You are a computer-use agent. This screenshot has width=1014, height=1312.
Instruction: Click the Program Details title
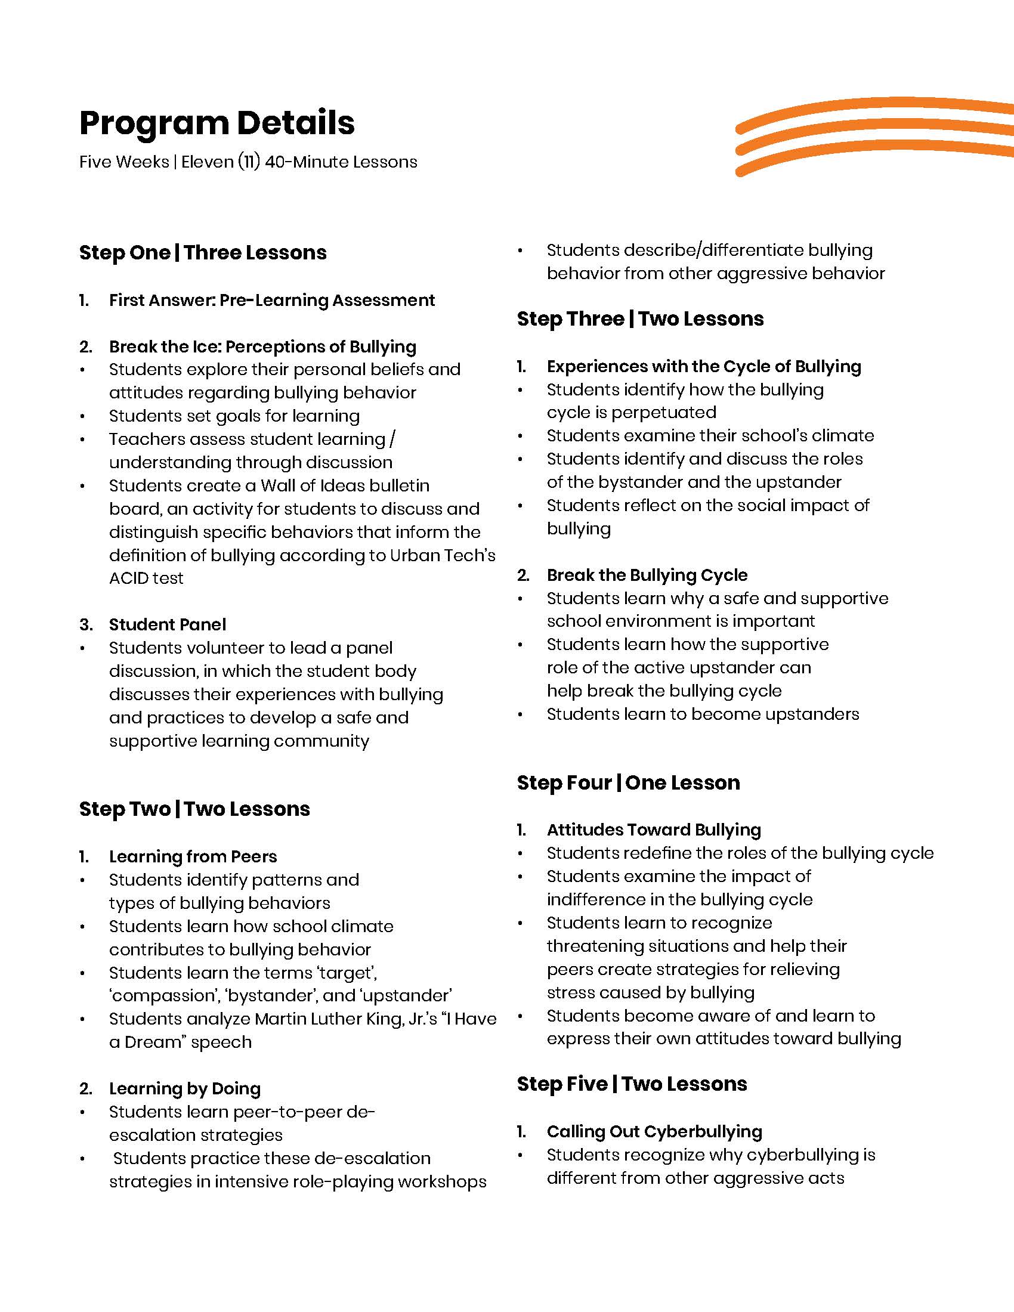coord(217,123)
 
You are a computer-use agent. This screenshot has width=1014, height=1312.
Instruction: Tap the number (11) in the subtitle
coord(249,162)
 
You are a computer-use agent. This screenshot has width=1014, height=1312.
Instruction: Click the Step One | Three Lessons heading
coord(203,253)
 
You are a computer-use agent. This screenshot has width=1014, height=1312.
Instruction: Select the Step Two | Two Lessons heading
coord(194,809)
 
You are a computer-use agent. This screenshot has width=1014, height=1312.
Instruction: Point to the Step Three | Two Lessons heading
coord(641,319)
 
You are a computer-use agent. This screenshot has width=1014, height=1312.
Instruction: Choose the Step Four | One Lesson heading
coord(628,783)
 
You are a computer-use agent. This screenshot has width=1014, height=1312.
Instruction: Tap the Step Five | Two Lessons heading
coord(632,1084)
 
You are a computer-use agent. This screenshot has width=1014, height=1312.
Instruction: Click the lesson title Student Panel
coord(168,625)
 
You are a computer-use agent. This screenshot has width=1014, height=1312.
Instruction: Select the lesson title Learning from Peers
coord(193,856)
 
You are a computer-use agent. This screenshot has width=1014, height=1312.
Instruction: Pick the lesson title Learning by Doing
coord(185,1088)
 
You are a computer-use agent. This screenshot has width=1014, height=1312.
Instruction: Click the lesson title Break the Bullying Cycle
coord(647,575)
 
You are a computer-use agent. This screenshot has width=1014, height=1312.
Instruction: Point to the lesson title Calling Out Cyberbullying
coord(654,1132)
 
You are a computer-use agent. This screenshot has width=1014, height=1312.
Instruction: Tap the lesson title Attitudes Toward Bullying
coord(654,830)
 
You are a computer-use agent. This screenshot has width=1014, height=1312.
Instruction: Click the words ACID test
coord(147,578)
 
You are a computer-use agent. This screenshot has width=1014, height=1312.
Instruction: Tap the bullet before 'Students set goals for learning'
coord(83,416)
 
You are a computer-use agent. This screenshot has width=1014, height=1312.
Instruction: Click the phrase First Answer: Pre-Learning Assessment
coord(271,301)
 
